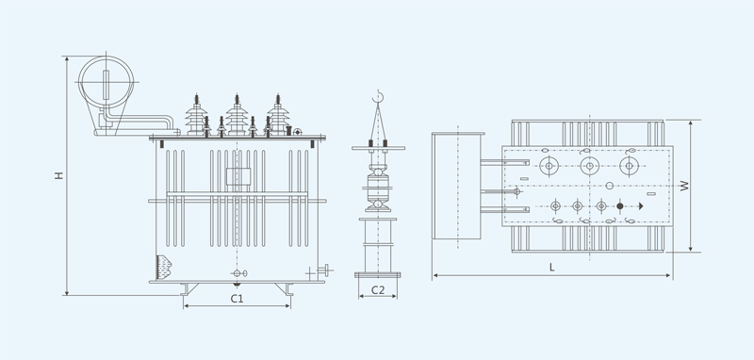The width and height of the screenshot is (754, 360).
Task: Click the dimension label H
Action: coord(58,175)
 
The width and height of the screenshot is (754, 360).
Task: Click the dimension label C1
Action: coord(237,299)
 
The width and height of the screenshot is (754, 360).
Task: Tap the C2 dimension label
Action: coord(378,290)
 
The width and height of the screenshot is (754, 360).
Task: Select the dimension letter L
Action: coord(551,268)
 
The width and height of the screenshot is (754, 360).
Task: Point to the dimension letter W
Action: coord(684,186)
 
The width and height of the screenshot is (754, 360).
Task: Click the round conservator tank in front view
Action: coord(106,82)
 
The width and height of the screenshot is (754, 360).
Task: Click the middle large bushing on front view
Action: coord(237,115)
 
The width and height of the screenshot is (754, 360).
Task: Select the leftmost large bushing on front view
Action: coord(196,115)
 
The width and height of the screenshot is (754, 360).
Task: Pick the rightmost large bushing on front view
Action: coord(278,115)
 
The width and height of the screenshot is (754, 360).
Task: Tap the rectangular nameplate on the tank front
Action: coord(238,176)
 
